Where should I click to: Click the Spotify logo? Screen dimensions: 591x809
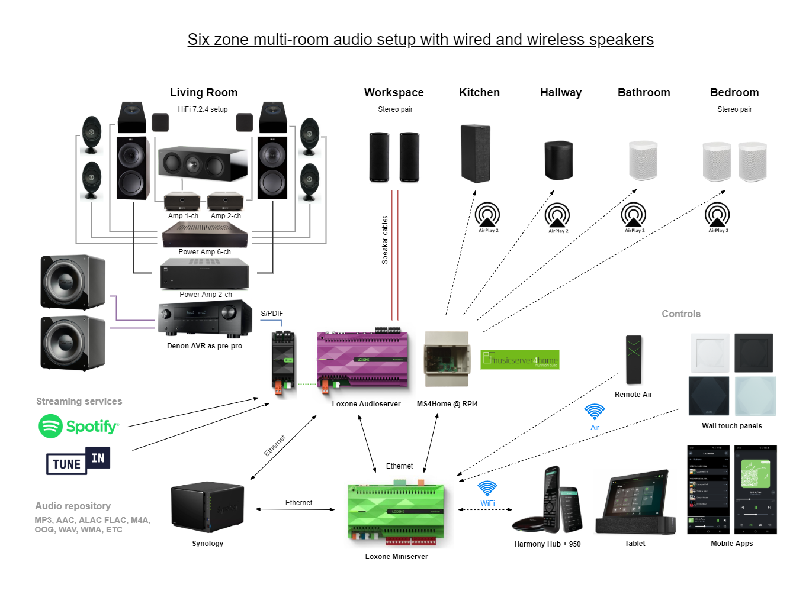coord(79,426)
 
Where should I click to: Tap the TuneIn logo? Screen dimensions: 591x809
coord(78,461)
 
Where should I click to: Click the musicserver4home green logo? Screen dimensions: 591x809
coord(520,360)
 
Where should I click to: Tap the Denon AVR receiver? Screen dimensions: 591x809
coord(205,319)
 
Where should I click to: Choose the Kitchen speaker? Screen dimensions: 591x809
coord(476,153)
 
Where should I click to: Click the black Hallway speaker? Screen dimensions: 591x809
coord(558,160)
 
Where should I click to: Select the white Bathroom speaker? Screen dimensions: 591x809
coord(643,160)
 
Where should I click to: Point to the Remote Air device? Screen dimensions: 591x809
coord(634,359)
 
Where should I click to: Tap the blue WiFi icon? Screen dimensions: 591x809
coord(487,489)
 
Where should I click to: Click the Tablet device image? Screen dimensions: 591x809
coord(635,503)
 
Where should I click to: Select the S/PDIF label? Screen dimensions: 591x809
coord(272,314)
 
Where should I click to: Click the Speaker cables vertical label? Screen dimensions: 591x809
coord(385,240)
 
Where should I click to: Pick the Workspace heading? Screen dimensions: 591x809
coord(394,93)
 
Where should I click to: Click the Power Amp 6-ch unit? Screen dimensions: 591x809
coord(205,236)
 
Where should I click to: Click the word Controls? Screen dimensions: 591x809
coord(680,314)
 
